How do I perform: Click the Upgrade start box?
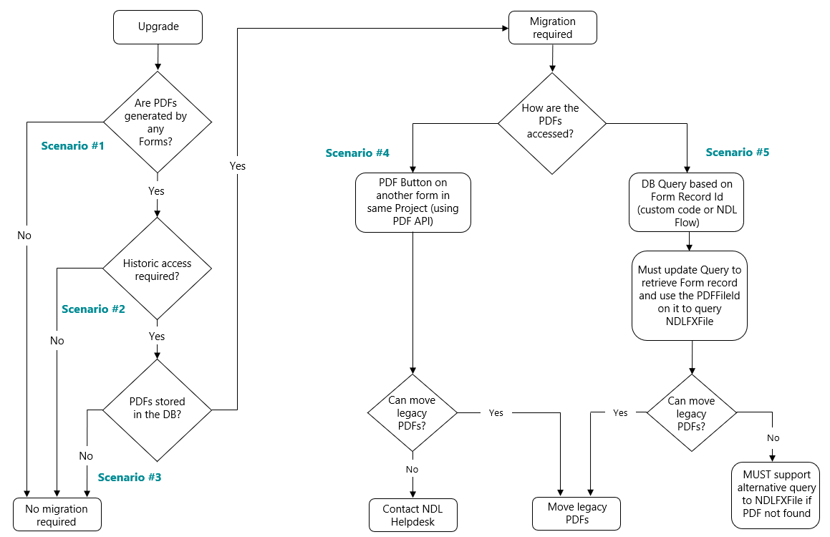coord(158,27)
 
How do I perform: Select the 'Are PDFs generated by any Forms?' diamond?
coord(158,122)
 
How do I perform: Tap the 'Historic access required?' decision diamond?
coord(158,269)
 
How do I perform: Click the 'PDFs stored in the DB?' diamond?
coord(158,409)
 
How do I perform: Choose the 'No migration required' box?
coord(57,515)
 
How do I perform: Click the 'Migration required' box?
coord(551,28)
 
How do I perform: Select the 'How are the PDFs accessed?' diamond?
coord(551,121)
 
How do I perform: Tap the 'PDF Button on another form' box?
coord(413,202)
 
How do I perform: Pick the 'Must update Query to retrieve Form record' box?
coord(689,295)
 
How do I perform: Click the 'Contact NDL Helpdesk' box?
coord(413,515)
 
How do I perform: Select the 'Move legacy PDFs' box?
coord(576,513)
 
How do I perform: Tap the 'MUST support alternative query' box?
coord(776,493)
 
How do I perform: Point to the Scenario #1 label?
coord(72,146)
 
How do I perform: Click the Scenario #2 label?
coord(93,309)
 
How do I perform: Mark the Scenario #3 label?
coord(130,477)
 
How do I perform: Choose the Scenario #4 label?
coord(357,153)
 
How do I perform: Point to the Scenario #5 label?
coord(738,153)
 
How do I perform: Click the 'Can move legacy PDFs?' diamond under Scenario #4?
coord(412,412)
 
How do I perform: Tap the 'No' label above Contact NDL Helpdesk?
coord(412,470)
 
